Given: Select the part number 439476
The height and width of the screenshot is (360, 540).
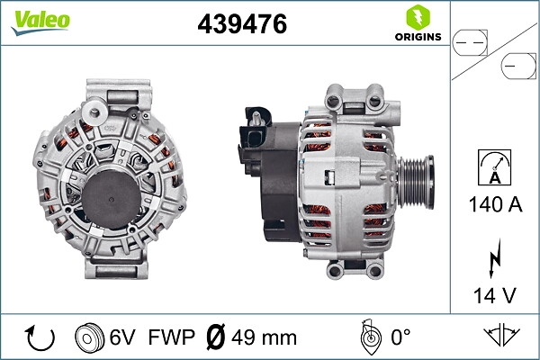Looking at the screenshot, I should (242, 25).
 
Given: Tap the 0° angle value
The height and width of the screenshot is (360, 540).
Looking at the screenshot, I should (400, 338).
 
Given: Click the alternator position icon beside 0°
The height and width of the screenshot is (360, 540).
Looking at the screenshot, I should (367, 337).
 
